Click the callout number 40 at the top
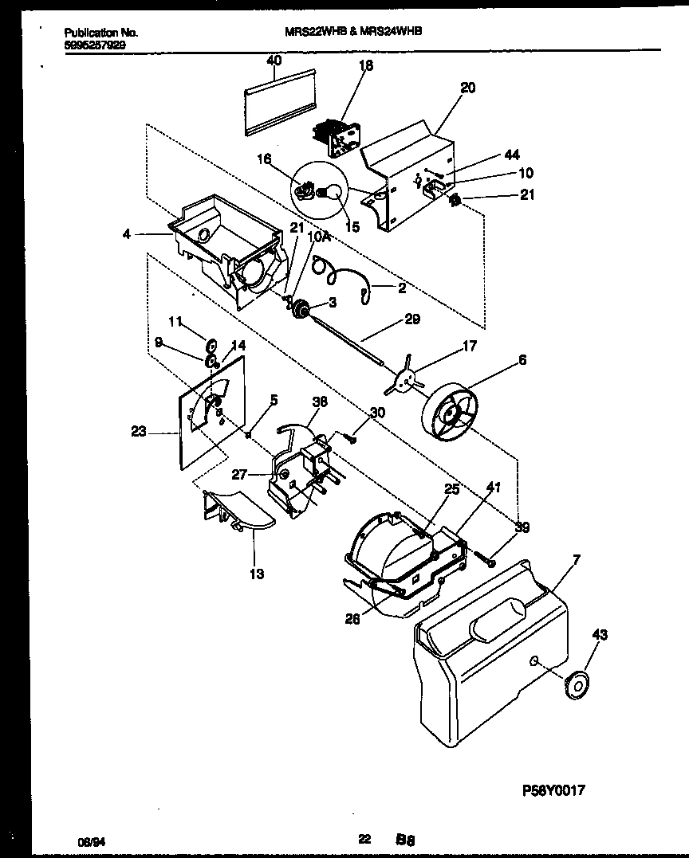point(274,61)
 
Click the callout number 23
point(138,433)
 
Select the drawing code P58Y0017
point(553,791)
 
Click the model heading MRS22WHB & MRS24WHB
point(353,32)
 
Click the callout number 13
point(257,574)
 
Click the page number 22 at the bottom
point(364,839)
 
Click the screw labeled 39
point(487,562)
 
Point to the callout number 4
point(126,234)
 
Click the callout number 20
point(467,88)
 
